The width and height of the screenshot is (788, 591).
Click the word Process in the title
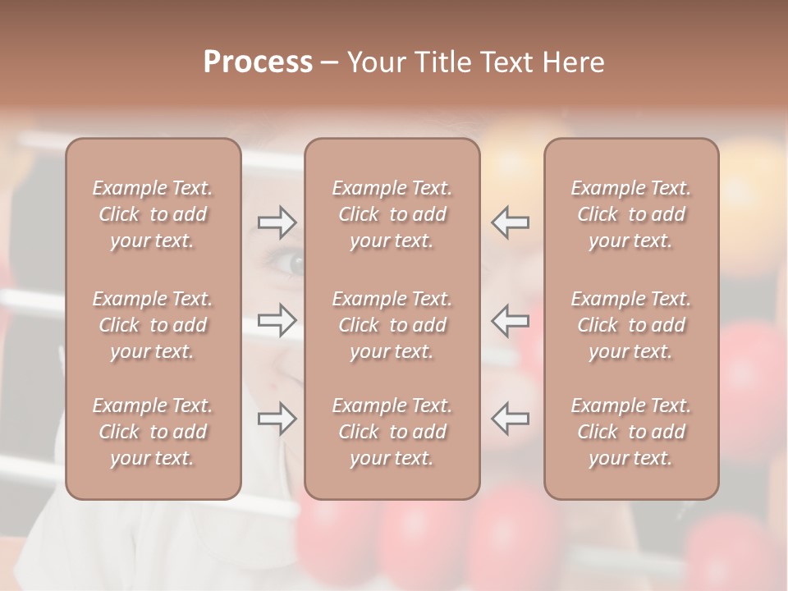(x=258, y=62)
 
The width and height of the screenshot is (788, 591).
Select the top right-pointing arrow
(x=277, y=222)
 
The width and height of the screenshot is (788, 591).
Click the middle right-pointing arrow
(x=277, y=320)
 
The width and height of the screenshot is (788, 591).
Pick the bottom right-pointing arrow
(x=277, y=419)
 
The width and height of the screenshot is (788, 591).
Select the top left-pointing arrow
(x=510, y=222)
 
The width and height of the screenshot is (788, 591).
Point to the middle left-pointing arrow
(x=510, y=320)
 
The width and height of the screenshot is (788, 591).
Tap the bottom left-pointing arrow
(x=510, y=419)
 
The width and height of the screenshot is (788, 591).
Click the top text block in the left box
(x=153, y=214)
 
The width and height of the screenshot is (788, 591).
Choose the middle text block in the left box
(x=153, y=325)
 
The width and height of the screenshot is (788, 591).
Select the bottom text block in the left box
(x=153, y=432)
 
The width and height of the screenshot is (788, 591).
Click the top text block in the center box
(x=392, y=214)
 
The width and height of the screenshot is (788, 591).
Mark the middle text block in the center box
(x=392, y=325)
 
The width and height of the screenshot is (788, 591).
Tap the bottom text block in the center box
(x=392, y=432)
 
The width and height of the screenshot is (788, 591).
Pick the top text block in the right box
(x=631, y=214)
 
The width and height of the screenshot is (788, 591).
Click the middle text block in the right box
(x=631, y=325)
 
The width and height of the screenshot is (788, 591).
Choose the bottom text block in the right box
(x=631, y=432)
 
